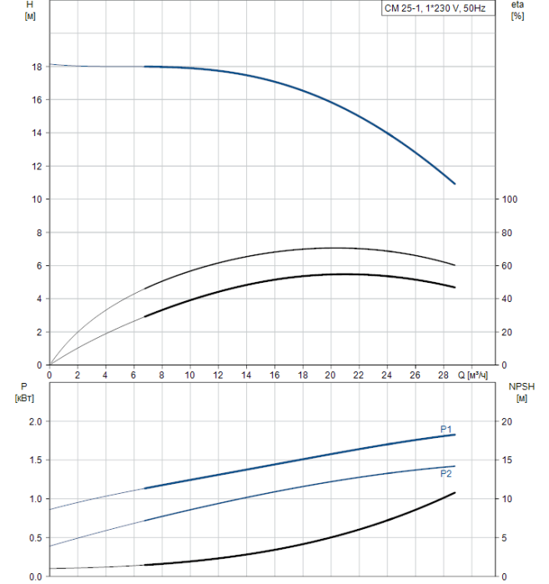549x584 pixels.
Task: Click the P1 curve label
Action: pyautogui.click(x=446, y=429)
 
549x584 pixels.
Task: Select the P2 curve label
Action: pyautogui.click(x=446, y=473)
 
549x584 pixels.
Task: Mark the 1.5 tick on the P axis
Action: pyautogui.click(x=34, y=461)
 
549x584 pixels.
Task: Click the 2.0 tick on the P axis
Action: pyautogui.click(x=34, y=421)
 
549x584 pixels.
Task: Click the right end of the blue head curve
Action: pyautogui.click(x=455, y=184)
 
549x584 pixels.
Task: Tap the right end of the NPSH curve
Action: pyautogui.click(x=456, y=493)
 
